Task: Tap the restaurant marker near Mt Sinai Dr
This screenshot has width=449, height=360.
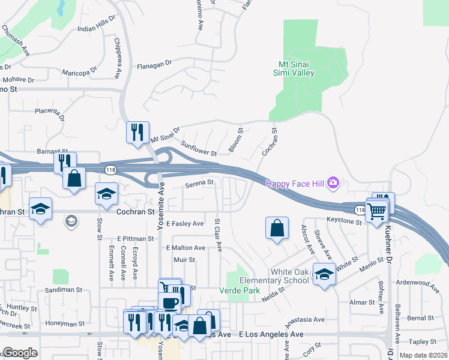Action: pos(137,131)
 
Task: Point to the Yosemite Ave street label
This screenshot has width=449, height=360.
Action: pos(161,198)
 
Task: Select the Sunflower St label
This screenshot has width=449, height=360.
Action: pos(199,148)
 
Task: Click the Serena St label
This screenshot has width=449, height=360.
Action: pos(199,182)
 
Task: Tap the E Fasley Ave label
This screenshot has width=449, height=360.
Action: pos(185,224)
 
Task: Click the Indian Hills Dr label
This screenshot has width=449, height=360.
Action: pos(95,28)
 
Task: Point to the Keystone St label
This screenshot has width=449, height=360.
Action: pos(344,221)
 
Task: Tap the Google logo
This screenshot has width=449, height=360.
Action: pos(20,352)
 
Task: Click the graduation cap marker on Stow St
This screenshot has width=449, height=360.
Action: pos(106,193)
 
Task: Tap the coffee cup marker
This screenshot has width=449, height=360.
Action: pos(169,302)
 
